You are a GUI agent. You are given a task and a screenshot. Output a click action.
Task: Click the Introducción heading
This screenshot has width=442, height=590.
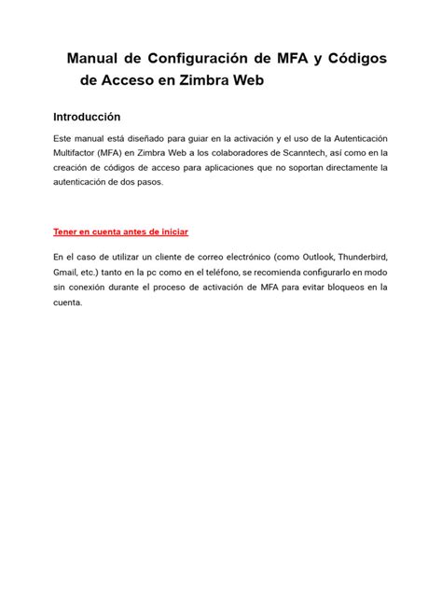point(87,118)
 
